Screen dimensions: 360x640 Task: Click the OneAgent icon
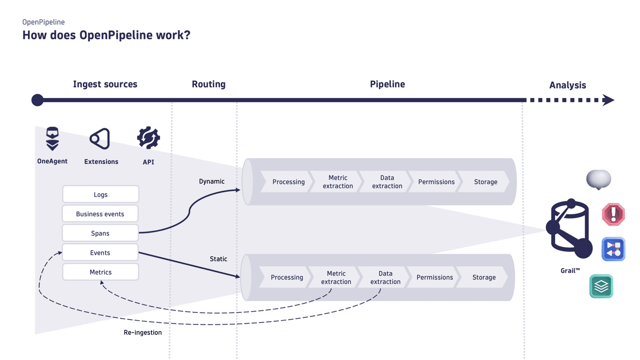[x=53, y=139]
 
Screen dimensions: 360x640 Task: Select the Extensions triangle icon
[x=100, y=139]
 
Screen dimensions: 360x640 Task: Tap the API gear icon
[x=149, y=138]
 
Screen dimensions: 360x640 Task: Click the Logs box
[x=101, y=194]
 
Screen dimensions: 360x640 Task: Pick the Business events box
[x=101, y=214]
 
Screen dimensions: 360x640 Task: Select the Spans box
[x=101, y=233]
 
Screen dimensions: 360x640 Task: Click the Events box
[x=101, y=253]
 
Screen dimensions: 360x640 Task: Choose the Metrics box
[x=101, y=272]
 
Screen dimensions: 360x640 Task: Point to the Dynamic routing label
[x=212, y=182]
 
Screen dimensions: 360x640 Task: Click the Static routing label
[x=219, y=259]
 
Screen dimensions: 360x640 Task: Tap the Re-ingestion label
[x=143, y=333]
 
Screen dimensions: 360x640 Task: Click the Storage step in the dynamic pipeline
[x=485, y=182]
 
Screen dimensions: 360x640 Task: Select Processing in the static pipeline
[x=287, y=278]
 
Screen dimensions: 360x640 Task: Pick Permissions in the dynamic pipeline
[x=436, y=182]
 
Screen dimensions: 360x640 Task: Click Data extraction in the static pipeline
[x=385, y=278]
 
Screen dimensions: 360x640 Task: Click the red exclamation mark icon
[x=613, y=215]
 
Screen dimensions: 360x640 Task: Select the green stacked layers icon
[x=601, y=286]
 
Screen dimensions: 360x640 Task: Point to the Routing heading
[x=209, y=84]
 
